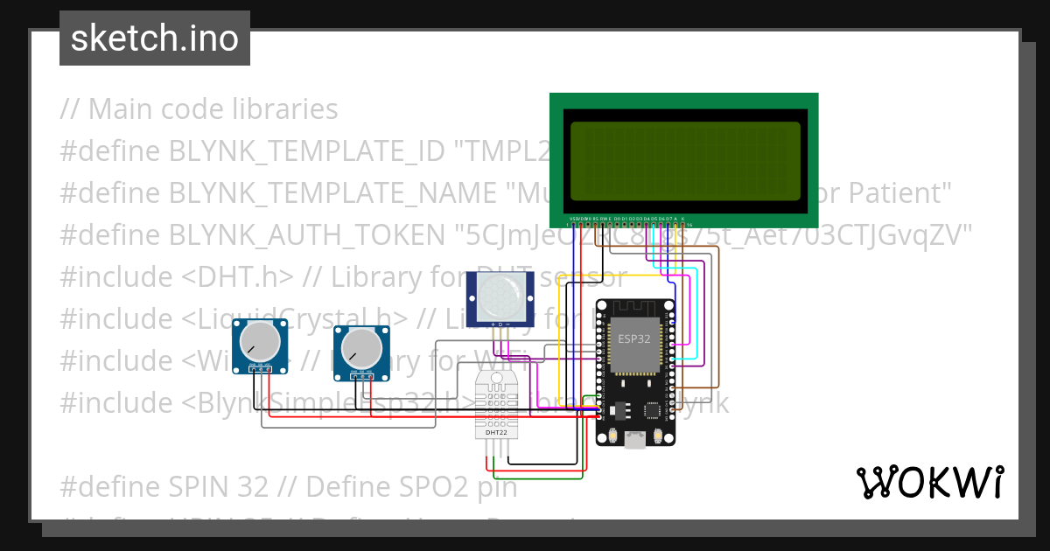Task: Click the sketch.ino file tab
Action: [x=155, y=38]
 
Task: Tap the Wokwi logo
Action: [x=929, y=482]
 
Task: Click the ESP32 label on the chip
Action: [x=633, y=338]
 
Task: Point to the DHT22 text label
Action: [x=496, y=432]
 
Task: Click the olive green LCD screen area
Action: [x=684, y=161]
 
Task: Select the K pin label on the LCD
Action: [x=682, y=218]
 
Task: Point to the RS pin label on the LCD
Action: [x=596, y=218]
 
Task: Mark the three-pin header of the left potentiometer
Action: [x=260, y=370]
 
